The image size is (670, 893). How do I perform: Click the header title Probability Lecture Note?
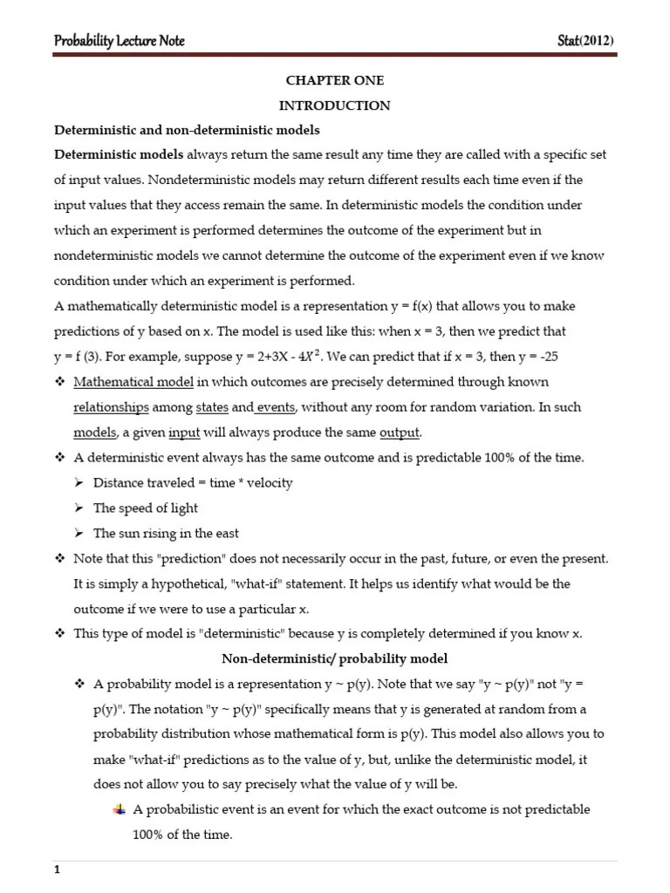coord(120,41)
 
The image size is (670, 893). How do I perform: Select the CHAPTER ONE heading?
coord(334,80)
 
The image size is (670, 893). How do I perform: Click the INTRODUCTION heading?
coord(334,106)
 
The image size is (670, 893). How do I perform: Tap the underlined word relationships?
coord(111,407)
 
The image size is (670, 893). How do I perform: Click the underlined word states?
coord(212,407)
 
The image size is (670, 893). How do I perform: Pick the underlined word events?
coord(277,407)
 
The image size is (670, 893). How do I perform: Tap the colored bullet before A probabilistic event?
coord(119,809)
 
